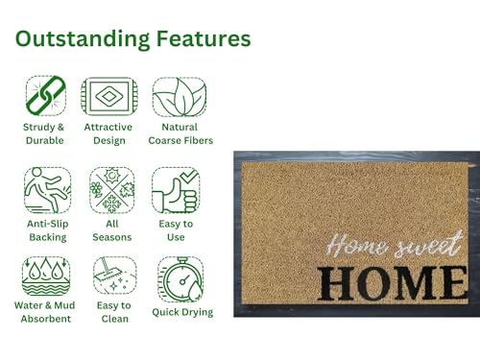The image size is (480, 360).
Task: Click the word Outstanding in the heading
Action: pyautogui.click(x=83, y=39)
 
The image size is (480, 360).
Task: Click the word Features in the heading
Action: pyautogui.click(x=204, y=38)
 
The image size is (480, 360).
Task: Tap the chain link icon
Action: pyautogui.click(x=46, y=95)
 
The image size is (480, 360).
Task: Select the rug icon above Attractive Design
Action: pyautogui.click(x=109, y=96)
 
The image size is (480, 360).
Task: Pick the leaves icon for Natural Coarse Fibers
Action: pyautogui.click(x=180, y=97)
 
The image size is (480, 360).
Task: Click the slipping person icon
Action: pyautogui.click(x=47, y=190)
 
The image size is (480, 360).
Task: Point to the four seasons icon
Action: pyautogui.click(x=111, y=190)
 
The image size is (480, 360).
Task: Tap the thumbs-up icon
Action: pyautogui.click(x=176, y=191)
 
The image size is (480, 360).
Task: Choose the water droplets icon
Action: pyautogui.click(x=46, y=276)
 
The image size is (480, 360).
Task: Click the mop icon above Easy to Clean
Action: pyautogui.click(x=114, y=276)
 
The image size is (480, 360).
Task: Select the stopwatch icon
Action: pyautogui.click(x=180, y=279)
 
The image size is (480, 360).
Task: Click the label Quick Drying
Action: pyautogui.click(x=182, y=312)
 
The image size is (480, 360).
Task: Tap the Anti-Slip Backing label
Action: pyautogui.click(x=48, y=230)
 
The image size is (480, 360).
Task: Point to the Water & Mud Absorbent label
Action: pyautogui.click(x=45, y=312)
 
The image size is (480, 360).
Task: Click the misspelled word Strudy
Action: pyautogui.click(x=36, y=128)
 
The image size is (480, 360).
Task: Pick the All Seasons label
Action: pyautogui.click(x=112, y=230)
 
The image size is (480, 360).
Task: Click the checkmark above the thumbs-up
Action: pyautogui.click(x=189, y=177)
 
